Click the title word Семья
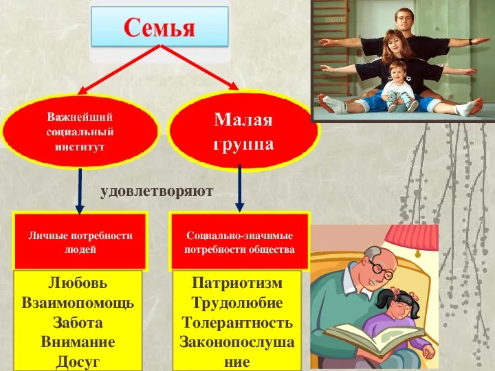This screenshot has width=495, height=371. click(x=159, y=28)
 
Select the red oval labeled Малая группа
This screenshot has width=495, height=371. click(x=243, y=131)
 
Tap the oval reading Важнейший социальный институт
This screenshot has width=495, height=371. click(x=80, y=131)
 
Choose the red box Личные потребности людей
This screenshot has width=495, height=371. click(x=80, y=242)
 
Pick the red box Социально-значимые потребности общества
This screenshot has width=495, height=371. click(x=239, y=242)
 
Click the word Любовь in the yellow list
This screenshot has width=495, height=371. click(x=78, y=283)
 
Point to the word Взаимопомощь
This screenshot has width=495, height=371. click(x=78, y=303)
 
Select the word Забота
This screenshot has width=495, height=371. click(x=78, y=322)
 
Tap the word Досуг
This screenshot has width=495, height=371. click(x=78, y=361)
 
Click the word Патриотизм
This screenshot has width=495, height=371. click(x=237, y=283)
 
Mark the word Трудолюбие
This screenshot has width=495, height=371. click(x=237, y=303)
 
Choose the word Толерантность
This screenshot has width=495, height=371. click(x=237, y=322)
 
